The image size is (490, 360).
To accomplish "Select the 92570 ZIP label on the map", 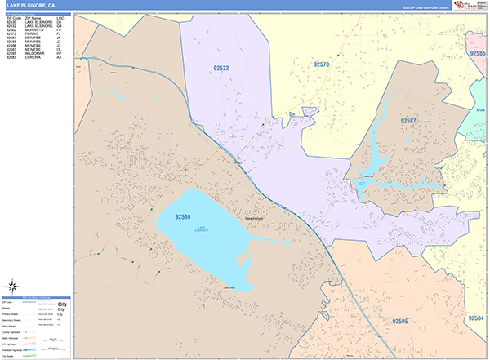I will click(322, 64).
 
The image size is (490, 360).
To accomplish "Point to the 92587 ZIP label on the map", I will click(409, 120).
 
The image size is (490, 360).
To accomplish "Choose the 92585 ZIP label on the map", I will click(479, 54).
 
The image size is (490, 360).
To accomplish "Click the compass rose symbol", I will click(13, 286).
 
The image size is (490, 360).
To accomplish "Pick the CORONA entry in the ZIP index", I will click(33, 58).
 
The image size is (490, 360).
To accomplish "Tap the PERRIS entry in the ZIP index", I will click(33, 33).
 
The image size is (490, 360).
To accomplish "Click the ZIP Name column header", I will click(33, 17).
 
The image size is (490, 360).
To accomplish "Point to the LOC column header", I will click(60, 17).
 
